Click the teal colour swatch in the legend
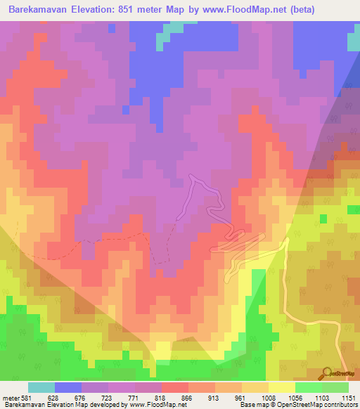pyautogui.click(x=41, y=387)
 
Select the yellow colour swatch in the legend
pyautogui.click(x=281, y=387)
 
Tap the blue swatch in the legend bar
pyautogui.click(x=68, y=387)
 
